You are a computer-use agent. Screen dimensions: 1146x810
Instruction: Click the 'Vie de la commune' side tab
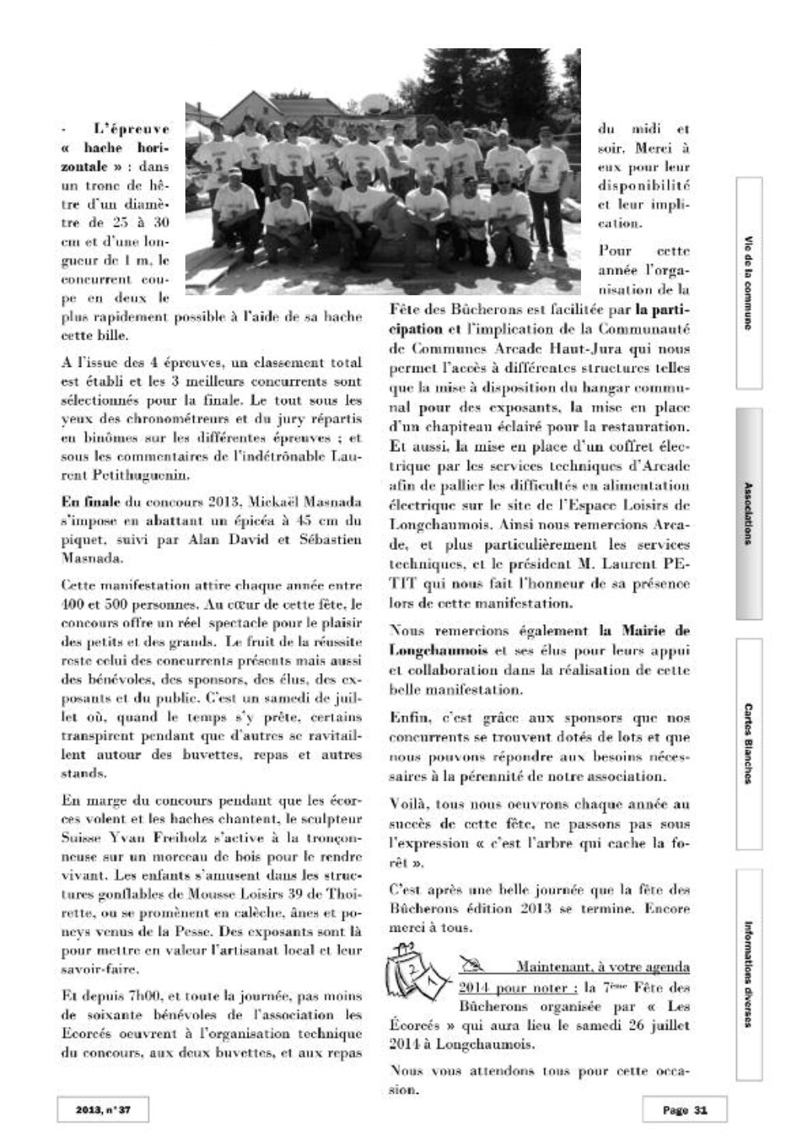coord(748,283)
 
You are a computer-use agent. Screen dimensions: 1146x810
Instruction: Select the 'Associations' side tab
coord(748,513)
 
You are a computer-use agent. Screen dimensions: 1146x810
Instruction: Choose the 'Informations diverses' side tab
coord(748,974)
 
